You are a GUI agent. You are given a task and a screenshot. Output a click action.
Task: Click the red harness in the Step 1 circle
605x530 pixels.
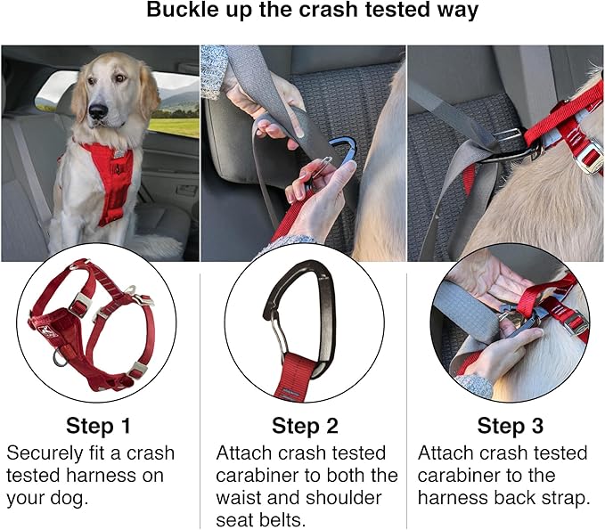[89, 330]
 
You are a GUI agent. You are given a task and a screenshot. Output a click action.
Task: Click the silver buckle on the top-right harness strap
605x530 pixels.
[589, 158]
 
